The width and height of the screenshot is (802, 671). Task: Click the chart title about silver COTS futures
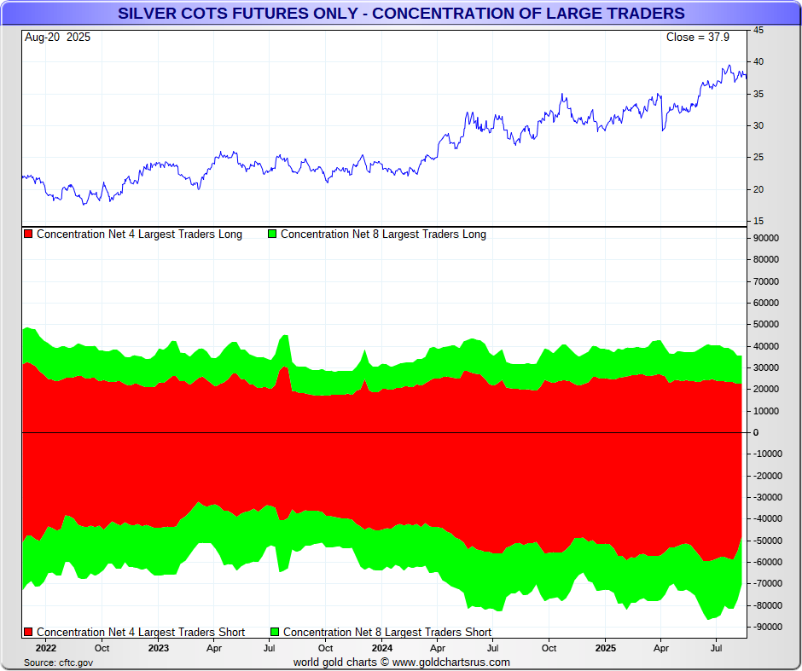pyautogui.click(x=401, y=14)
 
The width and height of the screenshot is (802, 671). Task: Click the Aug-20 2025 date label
pyautogui.click(x=58, y=38)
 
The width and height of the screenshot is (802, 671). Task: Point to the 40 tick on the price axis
pyautogui.click(x=758, y=62)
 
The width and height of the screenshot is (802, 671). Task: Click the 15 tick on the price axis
pyautogui.click(x=758, y=222)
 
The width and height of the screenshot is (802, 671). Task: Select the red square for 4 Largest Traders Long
pyautogui.click(x=29, y=234)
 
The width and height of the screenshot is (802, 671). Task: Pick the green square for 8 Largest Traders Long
pyautogui.click(x=273, y=234)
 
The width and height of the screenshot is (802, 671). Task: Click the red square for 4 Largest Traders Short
pyautogui.click(x=29, y=633)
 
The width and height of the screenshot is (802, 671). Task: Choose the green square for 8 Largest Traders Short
pyautogui.click(x=275, y=633)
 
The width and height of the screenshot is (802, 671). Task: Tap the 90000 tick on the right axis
pyautogui.click(x=765, y=239)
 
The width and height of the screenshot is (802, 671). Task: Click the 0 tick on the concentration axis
pyautogui.click(x=755, y=433)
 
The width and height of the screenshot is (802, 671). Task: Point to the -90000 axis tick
pyautogui.click(x=766, y=628)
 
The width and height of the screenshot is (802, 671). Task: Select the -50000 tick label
pyautogui.click(x=766, y=541)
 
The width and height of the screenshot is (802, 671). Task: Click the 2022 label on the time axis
pyautogui.click(x=46, y=648)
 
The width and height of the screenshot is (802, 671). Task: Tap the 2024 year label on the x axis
pyautogui.click(x=381, y=648)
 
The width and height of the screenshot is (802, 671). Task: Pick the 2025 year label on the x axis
pyautogui.click(x=605, y=648)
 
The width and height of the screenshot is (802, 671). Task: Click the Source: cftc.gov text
pyautogui.click(x=59, y=662)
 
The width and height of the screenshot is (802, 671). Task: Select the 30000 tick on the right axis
pyautogui.click(x=765, y=368)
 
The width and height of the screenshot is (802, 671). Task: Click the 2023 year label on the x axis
pyautogui.click(x=158, y=648)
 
